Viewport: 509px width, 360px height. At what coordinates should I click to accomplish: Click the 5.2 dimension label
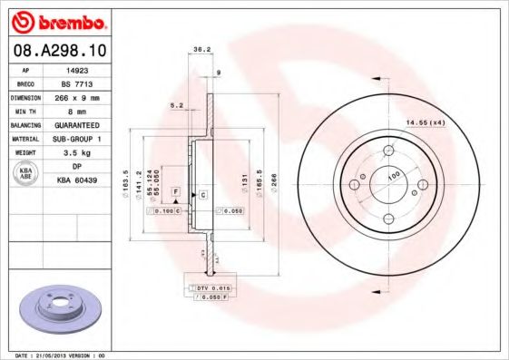[x=176, y=106]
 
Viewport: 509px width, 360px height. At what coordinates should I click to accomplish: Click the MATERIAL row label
[x=26, y=140]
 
